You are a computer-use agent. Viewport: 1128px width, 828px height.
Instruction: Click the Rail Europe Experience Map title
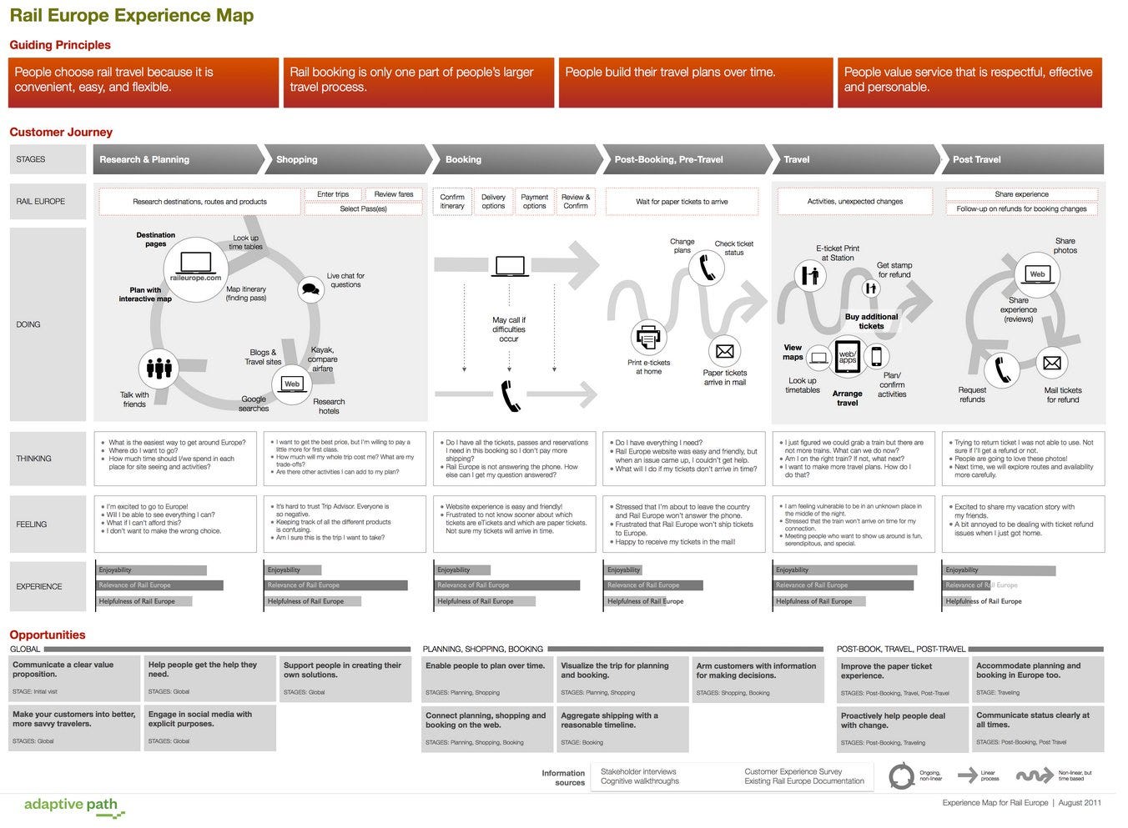tap(132, 16)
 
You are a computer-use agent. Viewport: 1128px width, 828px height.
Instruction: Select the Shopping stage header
tap(297, 159)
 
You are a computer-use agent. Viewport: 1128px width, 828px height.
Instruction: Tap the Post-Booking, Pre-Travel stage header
tap(668, 159)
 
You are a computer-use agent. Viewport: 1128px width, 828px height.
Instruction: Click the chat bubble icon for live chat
tap(311, 289)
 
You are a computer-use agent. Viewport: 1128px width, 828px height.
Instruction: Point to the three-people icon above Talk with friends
tap(159, 368)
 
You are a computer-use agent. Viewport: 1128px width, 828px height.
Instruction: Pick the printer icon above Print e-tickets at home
tap(648, 338)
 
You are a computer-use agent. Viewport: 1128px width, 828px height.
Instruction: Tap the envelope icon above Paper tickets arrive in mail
tap(724, 351)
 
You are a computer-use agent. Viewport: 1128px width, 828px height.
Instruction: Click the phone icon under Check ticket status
tap(707, 268)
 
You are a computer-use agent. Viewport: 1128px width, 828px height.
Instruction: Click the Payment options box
tap(534, 202)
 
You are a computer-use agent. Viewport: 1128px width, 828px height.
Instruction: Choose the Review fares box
tap(394, 194)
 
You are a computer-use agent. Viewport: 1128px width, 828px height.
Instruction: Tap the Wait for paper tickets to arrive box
tap(682, 202)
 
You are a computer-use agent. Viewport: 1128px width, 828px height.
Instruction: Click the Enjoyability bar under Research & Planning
tap(151, 570)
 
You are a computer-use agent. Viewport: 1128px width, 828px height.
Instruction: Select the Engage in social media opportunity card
tap(209, 726)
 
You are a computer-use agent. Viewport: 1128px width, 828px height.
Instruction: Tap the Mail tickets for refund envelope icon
tap(1052, 363)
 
